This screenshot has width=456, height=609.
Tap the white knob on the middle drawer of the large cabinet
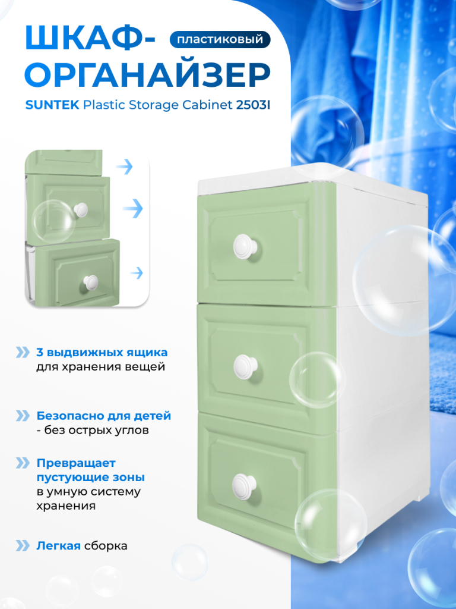tap(246, 367)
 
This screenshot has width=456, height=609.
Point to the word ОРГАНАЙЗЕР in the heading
tap(147, 76)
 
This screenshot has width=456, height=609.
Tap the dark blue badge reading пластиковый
tap(220, 39)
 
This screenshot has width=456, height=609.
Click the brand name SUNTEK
tap(52, 105)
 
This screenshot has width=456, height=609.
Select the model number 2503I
tap(253, 105)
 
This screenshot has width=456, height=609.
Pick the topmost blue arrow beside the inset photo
tap(125, 167)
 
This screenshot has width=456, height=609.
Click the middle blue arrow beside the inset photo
tap(133, 209)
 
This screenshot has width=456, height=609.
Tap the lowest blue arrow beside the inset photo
tap(137, 273)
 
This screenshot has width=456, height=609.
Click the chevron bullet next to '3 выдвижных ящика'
tap(23, 352)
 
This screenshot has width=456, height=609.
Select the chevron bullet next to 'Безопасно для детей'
tap(23, 416)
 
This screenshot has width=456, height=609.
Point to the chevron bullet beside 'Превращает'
tap(23, 463)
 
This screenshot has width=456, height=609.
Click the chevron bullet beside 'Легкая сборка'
tap(23, 546)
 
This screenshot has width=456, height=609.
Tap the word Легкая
tap(59, 546)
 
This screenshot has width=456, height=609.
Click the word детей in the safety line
tap(153, 416)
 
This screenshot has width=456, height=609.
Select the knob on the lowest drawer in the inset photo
tap(91, 282)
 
